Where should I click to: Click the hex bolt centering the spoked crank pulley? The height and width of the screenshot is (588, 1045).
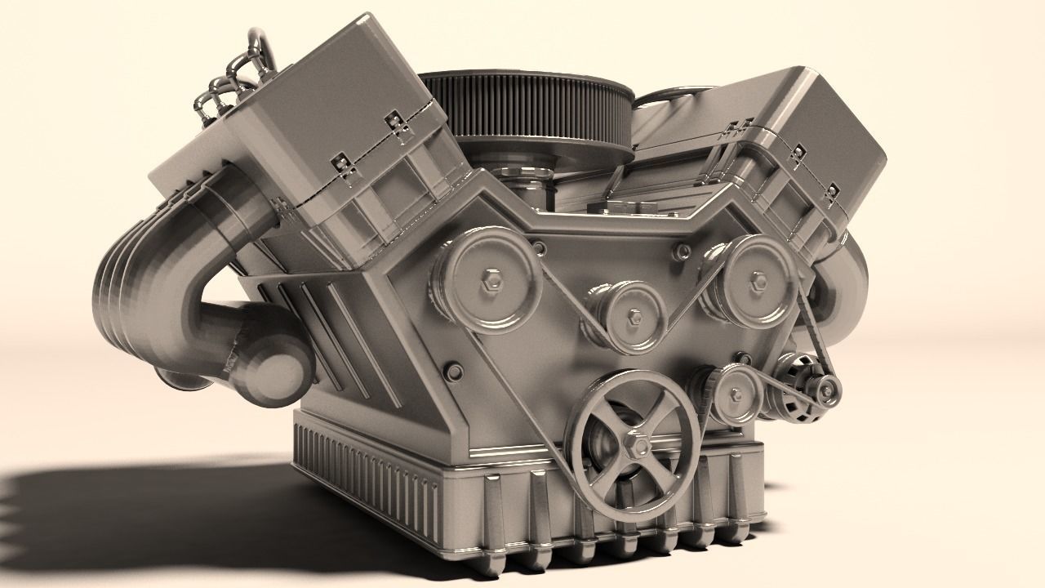[636, 446]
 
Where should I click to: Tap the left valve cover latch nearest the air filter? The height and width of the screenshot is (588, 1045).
[398, 125]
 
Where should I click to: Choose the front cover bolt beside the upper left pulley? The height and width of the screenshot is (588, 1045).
[538, 247]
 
